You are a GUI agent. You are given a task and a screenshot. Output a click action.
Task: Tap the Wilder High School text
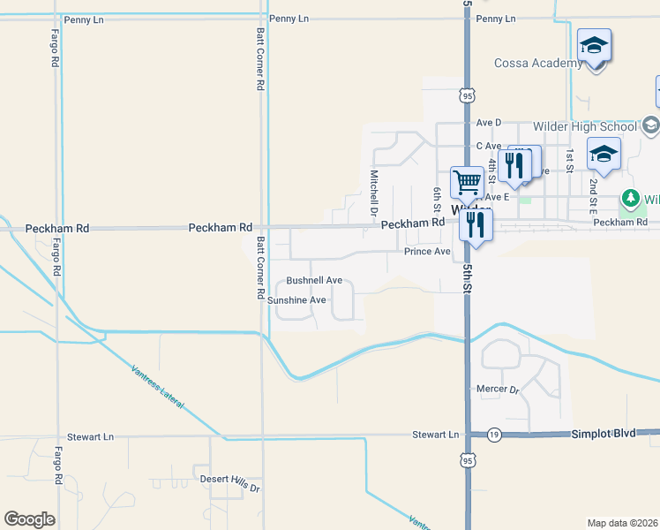point(585,126)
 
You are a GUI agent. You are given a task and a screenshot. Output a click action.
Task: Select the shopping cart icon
point(467,183)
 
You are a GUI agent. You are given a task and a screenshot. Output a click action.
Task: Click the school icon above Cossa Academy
point(594,45)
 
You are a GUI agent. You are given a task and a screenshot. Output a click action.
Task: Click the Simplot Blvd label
point(603,434)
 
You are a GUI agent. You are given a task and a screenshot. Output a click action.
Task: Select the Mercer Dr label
point(497,389)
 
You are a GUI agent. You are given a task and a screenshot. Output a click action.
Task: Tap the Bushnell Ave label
point(314,280)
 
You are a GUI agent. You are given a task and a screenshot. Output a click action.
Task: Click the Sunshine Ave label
point(297,300)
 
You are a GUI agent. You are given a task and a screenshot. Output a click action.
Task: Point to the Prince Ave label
point(427,252)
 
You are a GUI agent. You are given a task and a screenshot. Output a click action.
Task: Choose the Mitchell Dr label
point(374,193)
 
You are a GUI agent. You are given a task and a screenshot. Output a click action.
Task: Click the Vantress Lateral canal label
point(156,387)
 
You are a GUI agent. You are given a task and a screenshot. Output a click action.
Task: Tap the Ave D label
point(488,122)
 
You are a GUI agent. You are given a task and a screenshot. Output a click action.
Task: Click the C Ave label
point(488,146)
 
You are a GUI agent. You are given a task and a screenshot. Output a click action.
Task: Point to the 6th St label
point(437,200)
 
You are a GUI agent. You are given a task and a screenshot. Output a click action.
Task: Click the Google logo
point(29,519)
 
